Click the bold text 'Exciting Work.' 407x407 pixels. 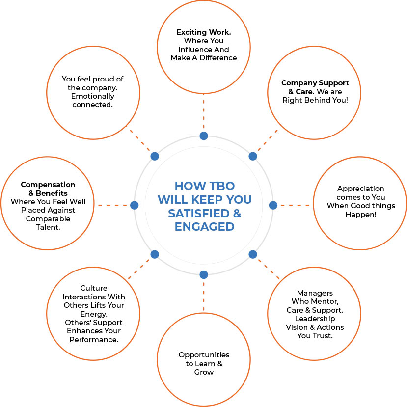coord(204,32)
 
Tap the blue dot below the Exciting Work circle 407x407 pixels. coord(204,136)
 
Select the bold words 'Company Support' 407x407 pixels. coord(315,83)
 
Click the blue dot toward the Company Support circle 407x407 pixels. coord(253,156)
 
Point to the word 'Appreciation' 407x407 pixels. coord(361,189)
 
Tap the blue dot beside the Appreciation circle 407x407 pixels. coord(273,205)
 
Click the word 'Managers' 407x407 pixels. coord(315,293)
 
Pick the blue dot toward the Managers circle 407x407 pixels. coord(253,254)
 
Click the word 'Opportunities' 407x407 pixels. coord(204,355)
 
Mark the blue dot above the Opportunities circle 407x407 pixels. coord(204,274)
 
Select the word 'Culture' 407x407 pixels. coord(93,288)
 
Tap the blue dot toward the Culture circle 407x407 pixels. coord(155,254)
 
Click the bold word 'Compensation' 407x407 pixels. coord(48,185)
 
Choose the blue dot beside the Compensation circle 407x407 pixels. coord(134,205)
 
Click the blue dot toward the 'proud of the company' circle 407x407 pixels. coord(155,156)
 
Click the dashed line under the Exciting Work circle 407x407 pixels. coord(204,113)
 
